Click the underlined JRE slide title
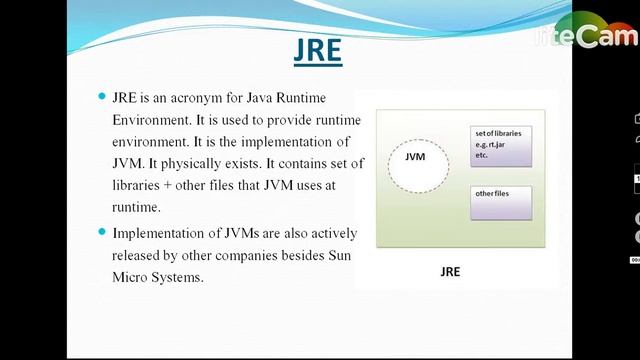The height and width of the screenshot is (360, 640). (318, 50)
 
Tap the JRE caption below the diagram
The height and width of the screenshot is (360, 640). (450, 271)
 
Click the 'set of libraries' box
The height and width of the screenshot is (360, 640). (501, 145)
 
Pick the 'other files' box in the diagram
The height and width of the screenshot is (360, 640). (501, 202)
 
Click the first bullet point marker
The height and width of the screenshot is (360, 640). (101, 96)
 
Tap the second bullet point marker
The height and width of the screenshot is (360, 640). (101, 232)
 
